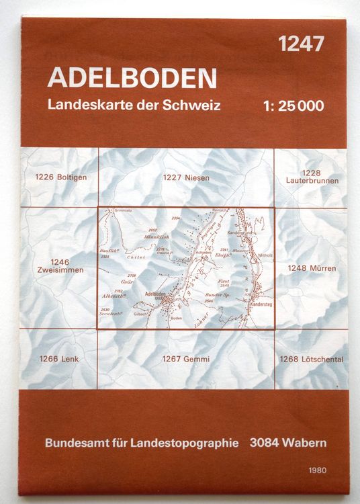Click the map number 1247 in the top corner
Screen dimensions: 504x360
(301, 44)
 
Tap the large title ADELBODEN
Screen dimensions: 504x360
(132, 78)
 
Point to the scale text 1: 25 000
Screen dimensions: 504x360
(294, 106)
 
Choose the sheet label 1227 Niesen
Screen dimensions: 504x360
(186, 178)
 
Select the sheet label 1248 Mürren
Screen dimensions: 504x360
(311, 268)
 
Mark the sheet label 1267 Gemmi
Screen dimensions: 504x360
(186, 360)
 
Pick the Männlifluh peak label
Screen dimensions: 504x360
(154, 236)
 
